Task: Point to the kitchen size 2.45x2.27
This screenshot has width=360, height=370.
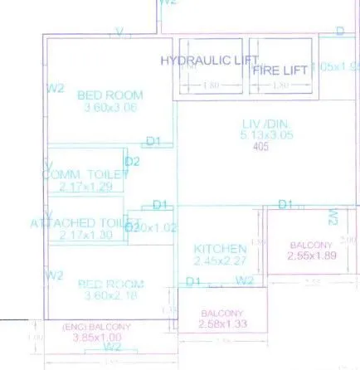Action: tap(219, 260)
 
